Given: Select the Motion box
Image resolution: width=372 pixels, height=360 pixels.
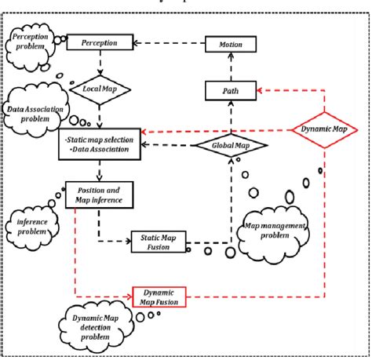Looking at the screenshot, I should [230, 45].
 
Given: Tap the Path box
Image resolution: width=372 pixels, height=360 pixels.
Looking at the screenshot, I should [230, 93].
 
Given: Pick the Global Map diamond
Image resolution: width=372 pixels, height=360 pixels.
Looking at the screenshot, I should [230, 145].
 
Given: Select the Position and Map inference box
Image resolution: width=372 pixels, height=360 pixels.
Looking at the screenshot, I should [100, 194].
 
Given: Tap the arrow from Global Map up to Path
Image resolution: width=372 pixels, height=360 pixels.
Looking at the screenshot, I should [230, 118].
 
